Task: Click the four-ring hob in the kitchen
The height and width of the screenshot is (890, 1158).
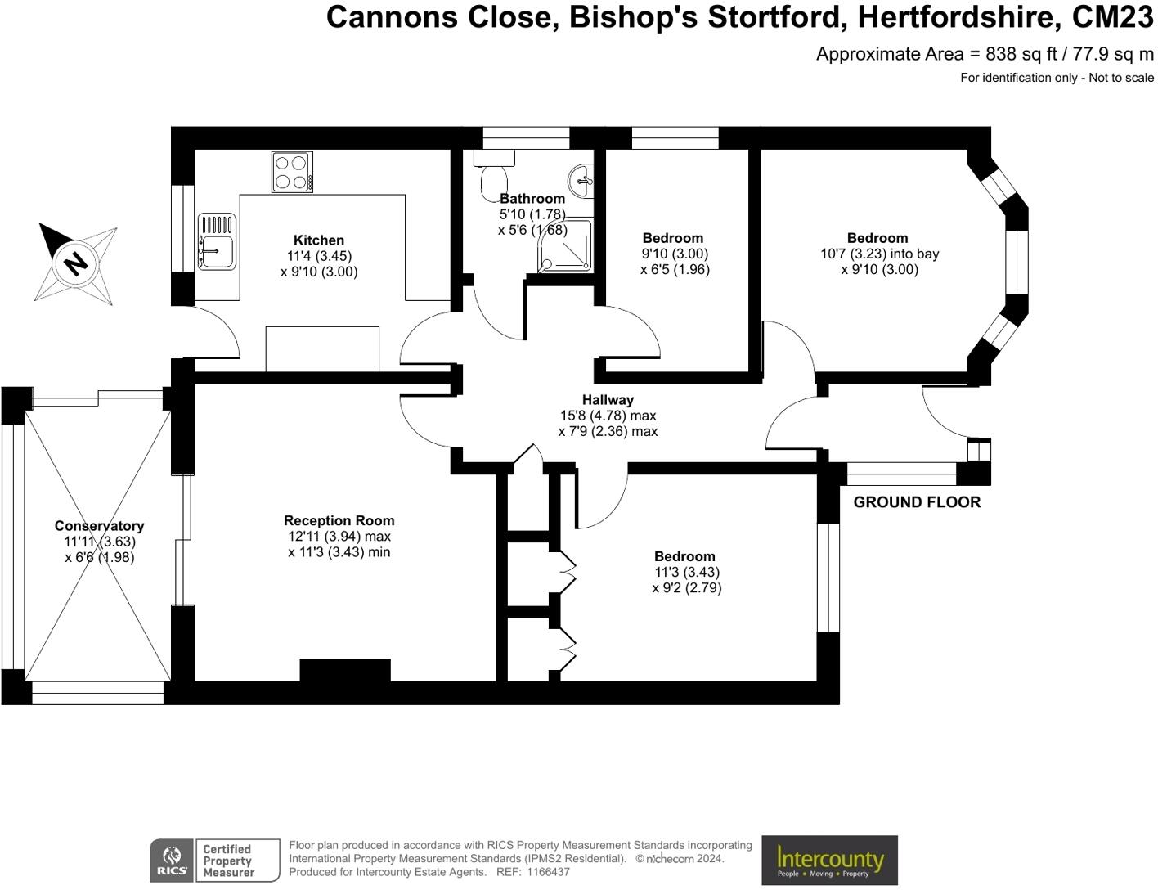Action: (292, 172)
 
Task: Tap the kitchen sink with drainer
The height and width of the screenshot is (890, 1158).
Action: (217, 241)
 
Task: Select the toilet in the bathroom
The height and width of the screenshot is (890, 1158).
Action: (494, 176)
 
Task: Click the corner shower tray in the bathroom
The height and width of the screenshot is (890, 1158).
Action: (565, 245)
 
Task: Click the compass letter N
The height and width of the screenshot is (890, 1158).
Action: (76, 263)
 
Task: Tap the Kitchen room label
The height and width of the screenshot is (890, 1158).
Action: (319, 240)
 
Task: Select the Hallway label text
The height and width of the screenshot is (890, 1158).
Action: (608, 400)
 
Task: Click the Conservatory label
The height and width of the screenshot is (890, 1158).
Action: (99, 526)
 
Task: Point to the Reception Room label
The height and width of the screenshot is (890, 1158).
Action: (339, 520)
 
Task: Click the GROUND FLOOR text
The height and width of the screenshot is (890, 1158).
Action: (917, 502)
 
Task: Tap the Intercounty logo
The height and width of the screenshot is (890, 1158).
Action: (829, 860)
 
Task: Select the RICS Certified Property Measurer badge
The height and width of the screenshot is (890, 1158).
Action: (214, 861)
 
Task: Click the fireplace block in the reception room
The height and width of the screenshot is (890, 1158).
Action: (344, 670)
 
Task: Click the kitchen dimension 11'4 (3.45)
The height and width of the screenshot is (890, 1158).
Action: (319, 256)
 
